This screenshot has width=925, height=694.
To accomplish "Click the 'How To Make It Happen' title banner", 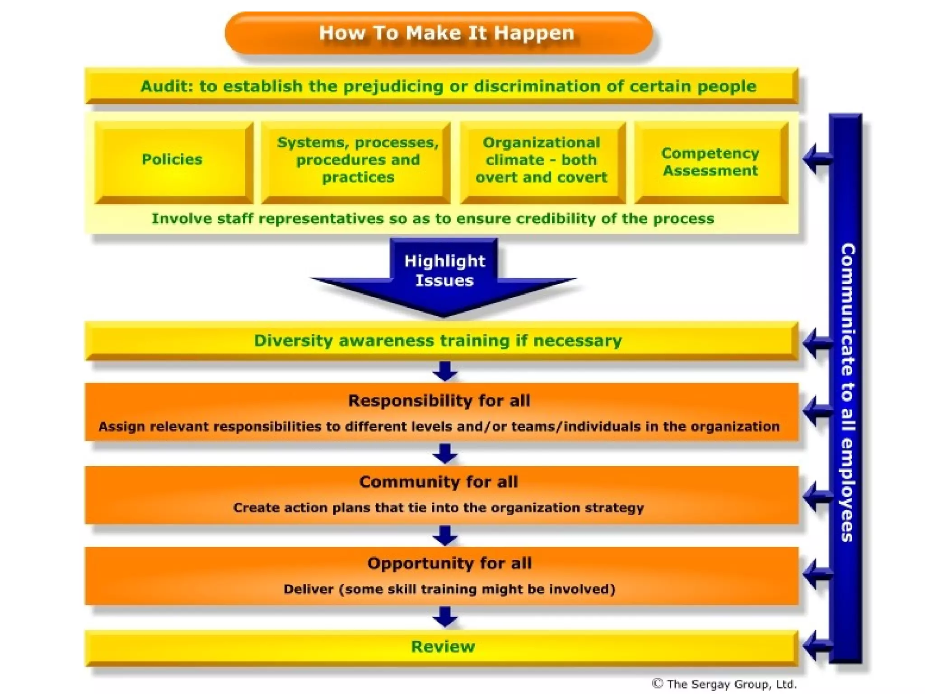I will click(x=438, y=33).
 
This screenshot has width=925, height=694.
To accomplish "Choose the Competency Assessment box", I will click(x=710, y=162).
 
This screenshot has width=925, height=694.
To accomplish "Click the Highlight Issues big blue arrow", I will click(x=444, y=276).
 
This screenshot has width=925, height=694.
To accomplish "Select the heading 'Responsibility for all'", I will click(x=439, y=401).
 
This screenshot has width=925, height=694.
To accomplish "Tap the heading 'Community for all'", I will click(x=439, y=482).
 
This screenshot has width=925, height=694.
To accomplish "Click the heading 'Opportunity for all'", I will click(x=449, y=563).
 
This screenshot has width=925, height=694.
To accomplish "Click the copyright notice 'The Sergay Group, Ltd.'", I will click(x=724, y=684).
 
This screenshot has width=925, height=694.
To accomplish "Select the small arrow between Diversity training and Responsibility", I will click(x=445, y=371).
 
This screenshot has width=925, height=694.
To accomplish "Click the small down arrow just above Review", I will click(x=445, y=617).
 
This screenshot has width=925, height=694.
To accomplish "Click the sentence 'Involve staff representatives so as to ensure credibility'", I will click(x=432, y=219).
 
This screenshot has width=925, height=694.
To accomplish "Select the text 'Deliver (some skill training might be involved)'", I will click(x=449, y=589).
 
